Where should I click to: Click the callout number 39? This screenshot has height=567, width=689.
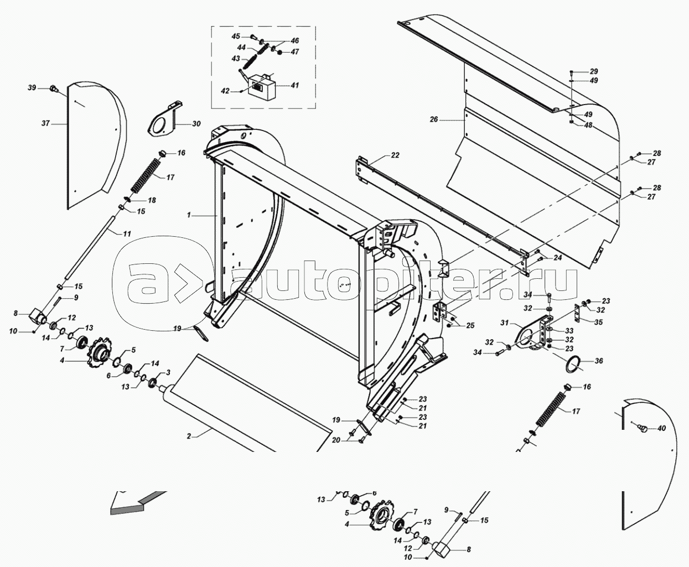32,88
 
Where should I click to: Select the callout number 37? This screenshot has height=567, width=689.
45,123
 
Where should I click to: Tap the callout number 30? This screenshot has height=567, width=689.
196,124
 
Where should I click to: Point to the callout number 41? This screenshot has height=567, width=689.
294,85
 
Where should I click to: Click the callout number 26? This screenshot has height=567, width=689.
433,120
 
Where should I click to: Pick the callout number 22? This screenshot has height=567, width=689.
395,155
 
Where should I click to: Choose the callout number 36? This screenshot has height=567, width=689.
599,361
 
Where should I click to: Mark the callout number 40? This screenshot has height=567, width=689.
661,428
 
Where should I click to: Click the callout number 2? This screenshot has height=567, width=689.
189,436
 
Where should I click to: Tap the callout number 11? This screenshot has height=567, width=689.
127,233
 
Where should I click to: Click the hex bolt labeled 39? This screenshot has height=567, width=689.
53,88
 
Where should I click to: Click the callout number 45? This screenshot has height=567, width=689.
236,37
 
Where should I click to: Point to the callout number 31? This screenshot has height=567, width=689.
504,322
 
